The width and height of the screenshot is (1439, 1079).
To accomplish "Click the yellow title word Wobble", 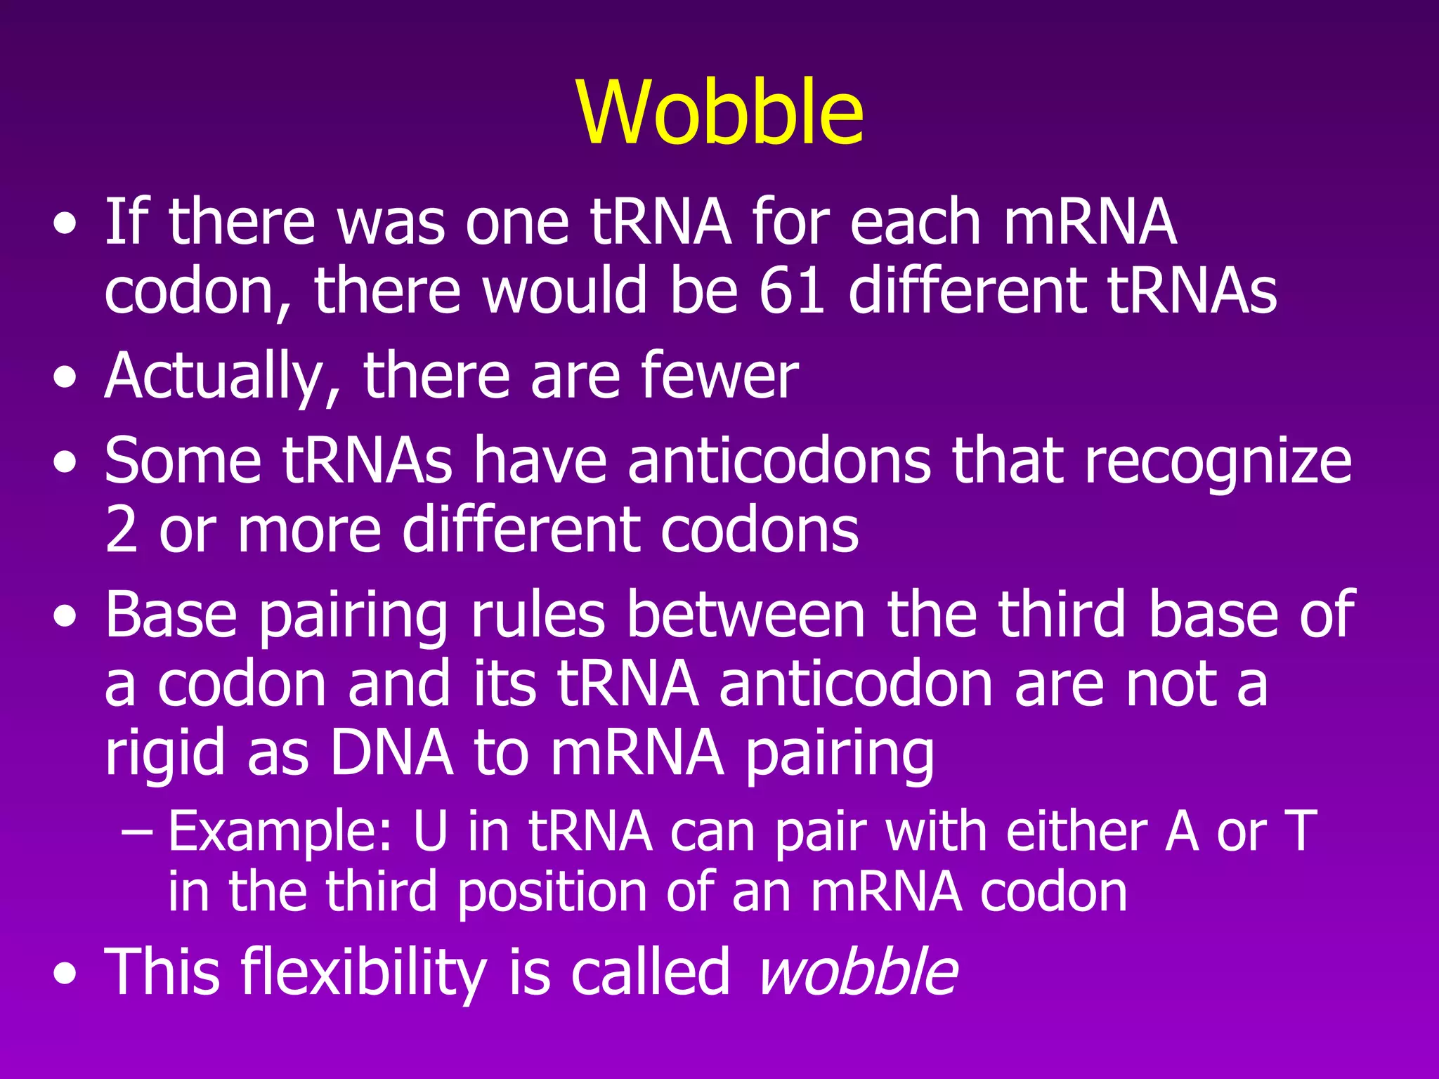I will tap(720, 112).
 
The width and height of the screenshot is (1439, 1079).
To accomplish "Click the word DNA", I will tap(391, 752).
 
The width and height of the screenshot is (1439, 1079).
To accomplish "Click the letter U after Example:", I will tap(430, 832).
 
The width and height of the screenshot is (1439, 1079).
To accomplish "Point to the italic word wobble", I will tap(858, 971).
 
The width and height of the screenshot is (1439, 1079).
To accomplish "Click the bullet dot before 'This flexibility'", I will tap(65, 976).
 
